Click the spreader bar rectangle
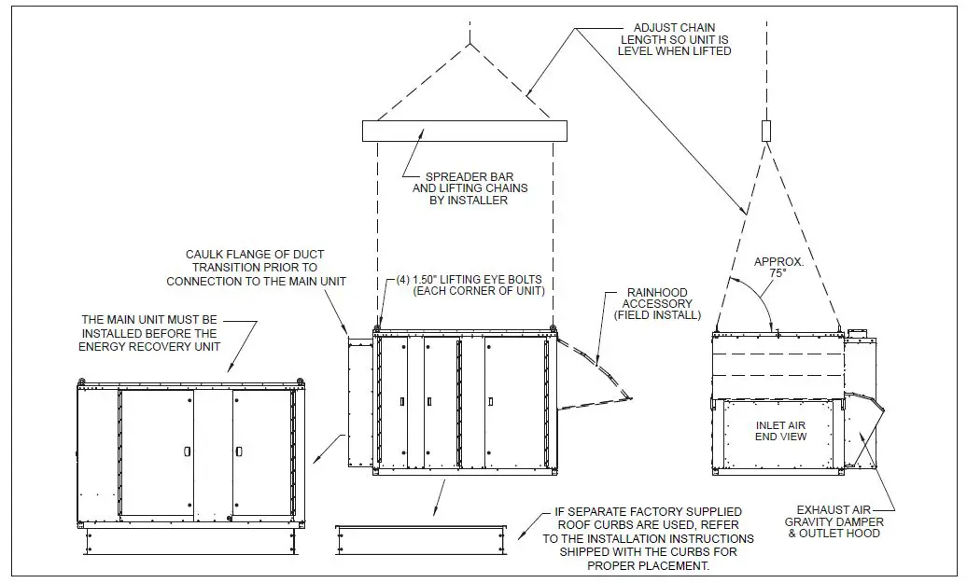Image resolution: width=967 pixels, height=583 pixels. pyautogui.click(x=464, y=131)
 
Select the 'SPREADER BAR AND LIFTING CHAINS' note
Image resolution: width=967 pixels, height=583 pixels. pyautogui.click(x=469, y=188)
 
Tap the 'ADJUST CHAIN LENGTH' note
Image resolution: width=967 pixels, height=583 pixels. pyautogui.click(x=674, y=39)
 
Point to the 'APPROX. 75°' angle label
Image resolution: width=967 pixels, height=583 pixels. pyautogui.click(x=778, y=269)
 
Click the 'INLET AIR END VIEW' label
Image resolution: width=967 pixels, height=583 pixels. pyautogui.click(x=780, y=431)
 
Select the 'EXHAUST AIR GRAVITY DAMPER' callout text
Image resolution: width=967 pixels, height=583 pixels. pyautogui.click(x=837, y=521)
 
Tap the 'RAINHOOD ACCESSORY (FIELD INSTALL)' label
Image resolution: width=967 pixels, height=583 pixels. pyautogui.click(x=659, y=303)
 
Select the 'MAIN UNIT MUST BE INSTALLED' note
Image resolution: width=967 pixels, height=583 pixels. pyautogui.click(x=149, y=333)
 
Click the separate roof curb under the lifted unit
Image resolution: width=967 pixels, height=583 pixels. pyautogui.click(x=420, y=539)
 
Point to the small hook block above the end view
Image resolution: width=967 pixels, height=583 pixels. pyautogui.click(x=766, y=131)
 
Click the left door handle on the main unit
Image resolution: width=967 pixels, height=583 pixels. pyautogui.click(x=188, y=451)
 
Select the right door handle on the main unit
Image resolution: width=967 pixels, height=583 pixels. pyautogui.click(x=239, y=451)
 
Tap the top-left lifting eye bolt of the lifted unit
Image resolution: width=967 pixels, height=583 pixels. pyautogui.click(x=377, y=327)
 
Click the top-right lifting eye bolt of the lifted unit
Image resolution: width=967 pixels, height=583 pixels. pyautogui.click(x=553, y=327)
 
